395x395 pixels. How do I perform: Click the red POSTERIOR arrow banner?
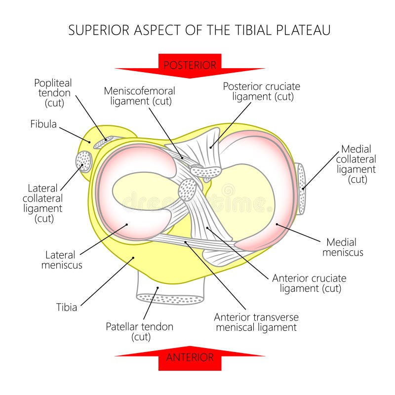coord(190,65)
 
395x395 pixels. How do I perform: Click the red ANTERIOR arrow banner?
coord(190,357)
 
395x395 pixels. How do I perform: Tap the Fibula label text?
coord(43,124)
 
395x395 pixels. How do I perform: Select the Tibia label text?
coord(66,307)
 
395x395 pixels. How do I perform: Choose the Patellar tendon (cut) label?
coord(140,331)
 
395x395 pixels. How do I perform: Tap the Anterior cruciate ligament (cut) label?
coord(309,283)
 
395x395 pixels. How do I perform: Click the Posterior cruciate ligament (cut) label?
coord(261,91)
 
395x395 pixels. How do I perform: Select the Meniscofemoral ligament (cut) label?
coord(139,96)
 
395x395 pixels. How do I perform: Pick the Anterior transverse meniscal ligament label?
coord(256,322)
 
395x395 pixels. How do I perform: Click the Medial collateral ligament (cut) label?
coord(356,164)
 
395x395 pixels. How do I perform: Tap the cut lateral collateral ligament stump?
coord(83,161)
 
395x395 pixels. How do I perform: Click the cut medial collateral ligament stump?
coord(301,189)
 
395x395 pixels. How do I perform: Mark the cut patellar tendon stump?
coord(170,298)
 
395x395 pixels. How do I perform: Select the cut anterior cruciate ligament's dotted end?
coord(188,190)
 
